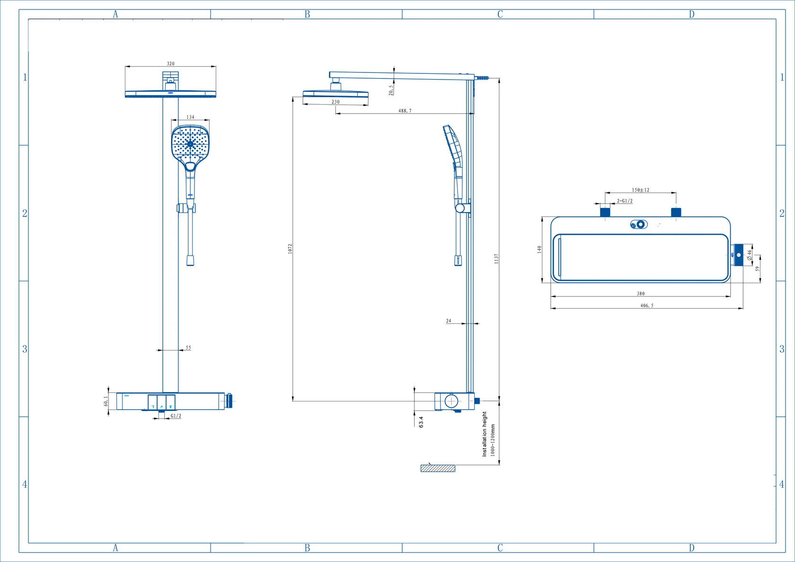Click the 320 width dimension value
pyautogui.click(x=171, y=63)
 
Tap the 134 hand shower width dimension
pyautogui.click(x=190, y=117)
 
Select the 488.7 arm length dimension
pyautogui.click(x=405, y=111)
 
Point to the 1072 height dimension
pyautogui.click(x=290, y=249)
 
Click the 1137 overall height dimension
pyautogui.click(x=496, y=259)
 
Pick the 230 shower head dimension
pyautogui.click(x=336, y=102)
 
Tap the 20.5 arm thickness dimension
pyautogui.click(x=391, y=90)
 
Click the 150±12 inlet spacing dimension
pyautogui.click(x=641, y=190)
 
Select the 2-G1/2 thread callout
pyautogui.click(x=625, y=201)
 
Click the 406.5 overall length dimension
pyautogui.click(x=646, y=305)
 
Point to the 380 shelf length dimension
pyautogui.click(x=641, y=294)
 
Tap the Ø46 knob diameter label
pyautogui.click(x=749, y=255)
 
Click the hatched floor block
pyautogui.click(x=438, y=468)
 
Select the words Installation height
pyautogui.click(x=485, y=434)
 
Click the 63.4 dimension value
pyautogui.click(x=421, y=422)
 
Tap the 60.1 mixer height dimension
pyautogui.click(x=106, y=401)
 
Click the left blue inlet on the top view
pyautogui.click(x=605, y=212)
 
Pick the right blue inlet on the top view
pyautogui.click(x=676, y=212)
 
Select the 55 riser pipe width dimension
pyautogui.click(x=188, y=348)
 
